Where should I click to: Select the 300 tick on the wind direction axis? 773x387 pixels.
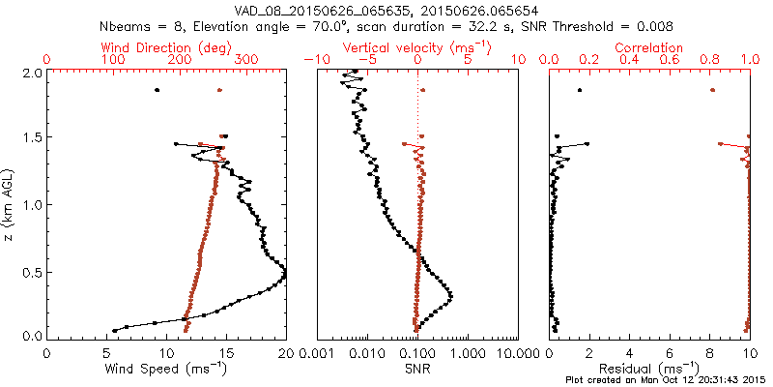pos(246,60)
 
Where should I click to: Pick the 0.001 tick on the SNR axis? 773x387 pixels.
pos(317,352)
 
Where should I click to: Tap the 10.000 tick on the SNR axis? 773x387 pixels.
pos(518,352)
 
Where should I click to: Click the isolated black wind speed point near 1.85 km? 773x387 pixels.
pos(157,90)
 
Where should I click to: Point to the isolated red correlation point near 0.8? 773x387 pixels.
pos(712,90)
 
